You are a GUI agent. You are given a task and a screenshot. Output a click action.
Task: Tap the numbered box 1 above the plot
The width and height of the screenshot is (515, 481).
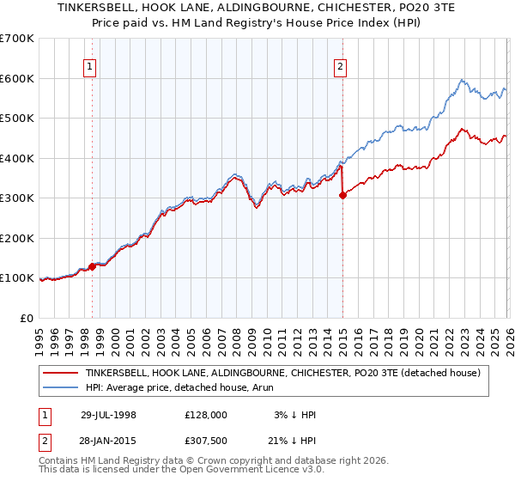[x=91, y=66]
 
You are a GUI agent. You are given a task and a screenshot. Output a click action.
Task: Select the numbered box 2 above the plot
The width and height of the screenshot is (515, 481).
[x=341, y=66]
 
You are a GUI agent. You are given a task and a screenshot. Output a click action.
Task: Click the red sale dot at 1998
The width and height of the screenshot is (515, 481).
[x=93, y=266]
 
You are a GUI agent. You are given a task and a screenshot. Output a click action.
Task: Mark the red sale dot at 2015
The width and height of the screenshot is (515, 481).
[x=342, y=195]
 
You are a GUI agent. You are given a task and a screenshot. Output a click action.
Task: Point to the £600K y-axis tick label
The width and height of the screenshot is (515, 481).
[x=16, y=78]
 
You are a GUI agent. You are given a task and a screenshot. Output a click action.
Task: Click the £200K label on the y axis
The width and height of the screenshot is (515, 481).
[x=16, y=238]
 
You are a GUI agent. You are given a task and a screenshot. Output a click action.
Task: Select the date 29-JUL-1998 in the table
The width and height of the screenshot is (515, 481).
[x=108, y=414]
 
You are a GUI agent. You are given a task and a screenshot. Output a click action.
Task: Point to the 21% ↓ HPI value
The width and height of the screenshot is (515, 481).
[x=293, y=439]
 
